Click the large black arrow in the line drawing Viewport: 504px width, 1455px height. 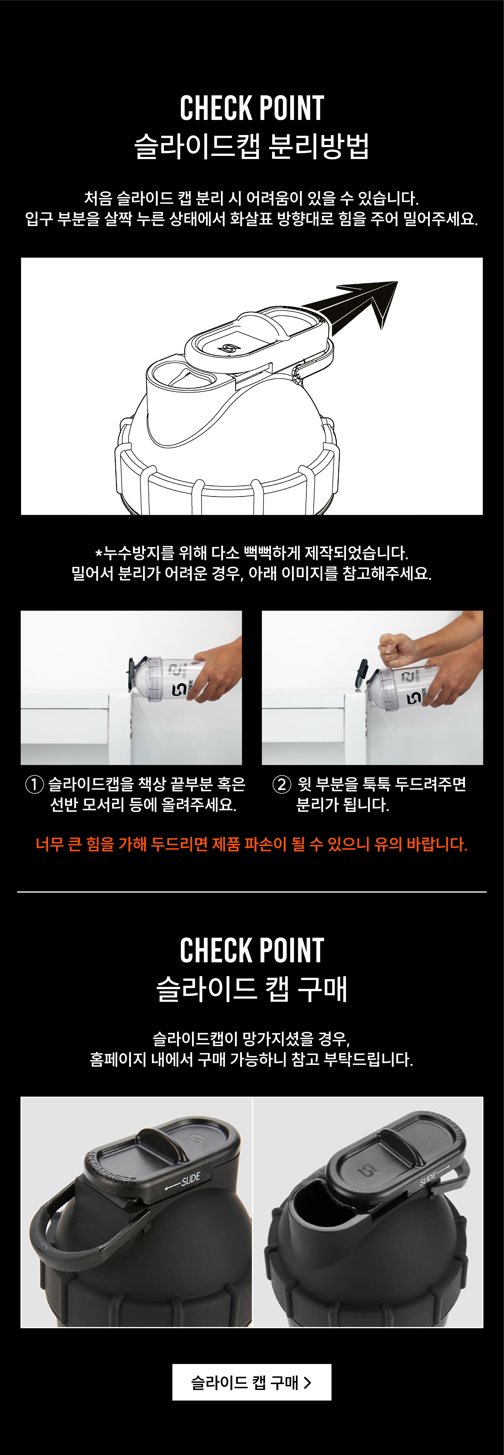356,305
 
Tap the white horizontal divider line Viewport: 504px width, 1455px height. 252,892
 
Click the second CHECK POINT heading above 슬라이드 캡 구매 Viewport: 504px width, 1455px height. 252,951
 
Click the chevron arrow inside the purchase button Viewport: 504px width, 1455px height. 308,1382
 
